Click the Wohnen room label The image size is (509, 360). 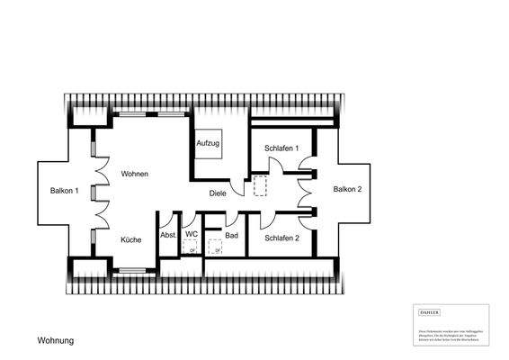pos(135,174)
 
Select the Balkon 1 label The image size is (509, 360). pos(65,191)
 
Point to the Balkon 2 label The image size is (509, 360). pos(347,190)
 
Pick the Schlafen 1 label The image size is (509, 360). pos(281,148)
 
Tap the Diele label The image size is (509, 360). pos(219,193)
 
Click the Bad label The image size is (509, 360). pos(231,236)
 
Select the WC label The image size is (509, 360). pos(192,235)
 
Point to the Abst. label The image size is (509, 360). pos(168,236)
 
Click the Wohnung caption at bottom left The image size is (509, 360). pos(55,341)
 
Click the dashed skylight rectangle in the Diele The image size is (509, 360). pos(262,186)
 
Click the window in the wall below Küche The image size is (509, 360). pos(133,269)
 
